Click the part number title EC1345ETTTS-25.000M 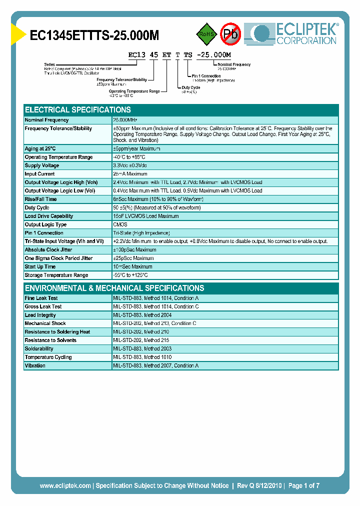(x=94, y=35)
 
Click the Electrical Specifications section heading (x=78, y=109)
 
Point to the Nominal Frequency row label (x=47, y=120)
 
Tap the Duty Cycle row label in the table (x=37, y=207)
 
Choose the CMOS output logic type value (x=120, y=224)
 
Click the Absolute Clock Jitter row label (x=48, y=249)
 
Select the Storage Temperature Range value (x=130, y=275)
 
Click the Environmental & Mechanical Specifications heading (x=114, y=288)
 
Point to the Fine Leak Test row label (x=41, y=298)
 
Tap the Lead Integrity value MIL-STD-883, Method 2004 (x=142, y=315)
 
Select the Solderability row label (x=39, y=348)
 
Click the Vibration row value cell (x=155, y=365)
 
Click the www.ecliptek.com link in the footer (x=65, y=485)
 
